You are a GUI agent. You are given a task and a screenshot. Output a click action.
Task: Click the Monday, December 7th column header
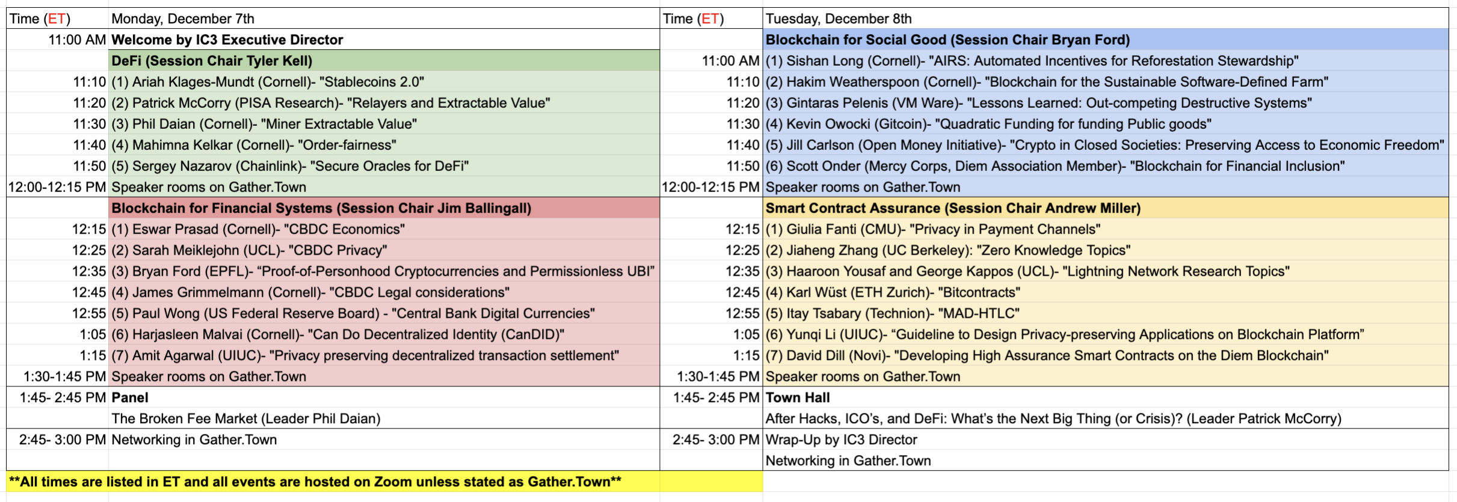183,19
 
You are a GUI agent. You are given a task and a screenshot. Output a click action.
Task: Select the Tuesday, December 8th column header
839,19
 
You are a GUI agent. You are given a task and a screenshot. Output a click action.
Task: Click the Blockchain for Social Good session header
947,40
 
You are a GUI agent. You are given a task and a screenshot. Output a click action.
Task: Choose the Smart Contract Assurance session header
953,208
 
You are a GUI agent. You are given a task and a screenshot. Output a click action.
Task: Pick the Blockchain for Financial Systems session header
321,208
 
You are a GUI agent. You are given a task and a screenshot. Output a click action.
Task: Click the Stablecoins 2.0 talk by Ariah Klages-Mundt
268,82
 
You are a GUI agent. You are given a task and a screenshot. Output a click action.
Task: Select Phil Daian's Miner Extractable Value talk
264,124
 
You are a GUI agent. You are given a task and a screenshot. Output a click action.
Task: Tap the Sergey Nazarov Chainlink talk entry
290,166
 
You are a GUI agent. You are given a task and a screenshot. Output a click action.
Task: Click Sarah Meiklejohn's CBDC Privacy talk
249,250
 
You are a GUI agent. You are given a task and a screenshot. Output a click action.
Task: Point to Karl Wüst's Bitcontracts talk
893,293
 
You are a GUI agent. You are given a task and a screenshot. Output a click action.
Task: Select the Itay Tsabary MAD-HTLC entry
892,314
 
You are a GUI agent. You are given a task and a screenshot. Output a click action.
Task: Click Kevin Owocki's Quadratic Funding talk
988,124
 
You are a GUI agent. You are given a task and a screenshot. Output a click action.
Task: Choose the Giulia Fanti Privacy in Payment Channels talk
933,229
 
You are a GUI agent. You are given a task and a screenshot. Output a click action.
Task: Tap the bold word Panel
130,398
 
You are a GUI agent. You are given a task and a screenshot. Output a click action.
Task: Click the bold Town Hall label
798,398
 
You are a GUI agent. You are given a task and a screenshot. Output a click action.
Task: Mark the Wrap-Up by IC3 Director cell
841,440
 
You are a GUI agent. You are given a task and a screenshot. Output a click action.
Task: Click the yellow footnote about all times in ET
315,482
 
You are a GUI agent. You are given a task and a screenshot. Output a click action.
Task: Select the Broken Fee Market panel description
246,419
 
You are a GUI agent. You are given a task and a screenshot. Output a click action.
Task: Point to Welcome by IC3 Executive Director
227,40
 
